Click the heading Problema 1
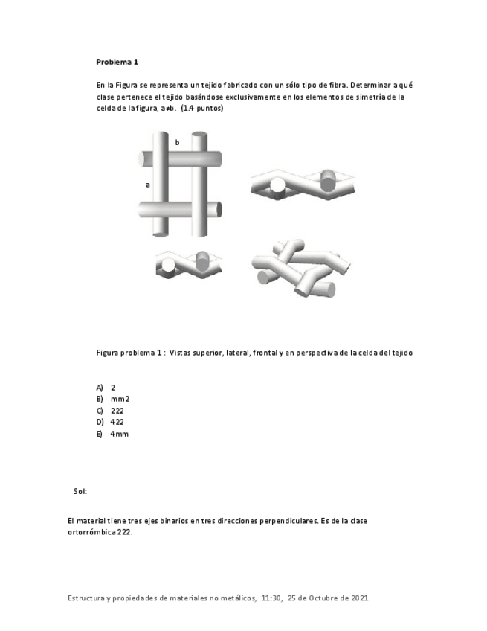point(117,62)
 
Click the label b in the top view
point(177,142)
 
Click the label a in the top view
point(148,184)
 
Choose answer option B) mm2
point(113,399)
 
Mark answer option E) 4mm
point(112,434)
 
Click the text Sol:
point(80,491)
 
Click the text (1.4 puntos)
point(202,109)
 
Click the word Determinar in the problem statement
point(369,85)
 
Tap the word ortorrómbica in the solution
point(89,533)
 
